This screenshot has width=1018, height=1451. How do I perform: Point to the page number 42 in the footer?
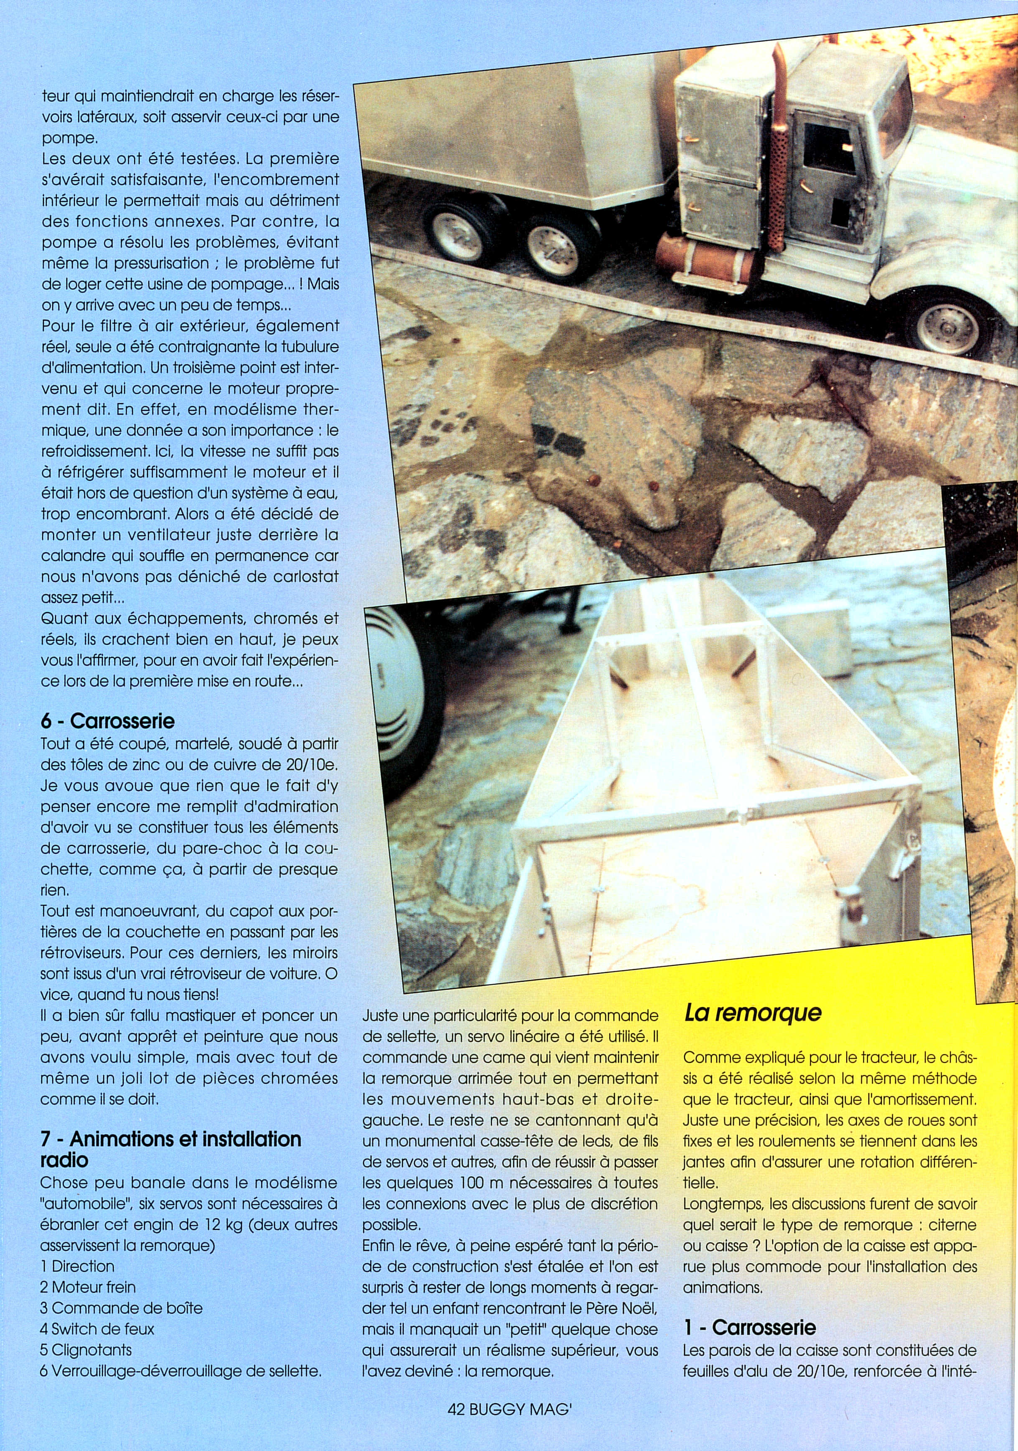tap(456, 1422)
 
